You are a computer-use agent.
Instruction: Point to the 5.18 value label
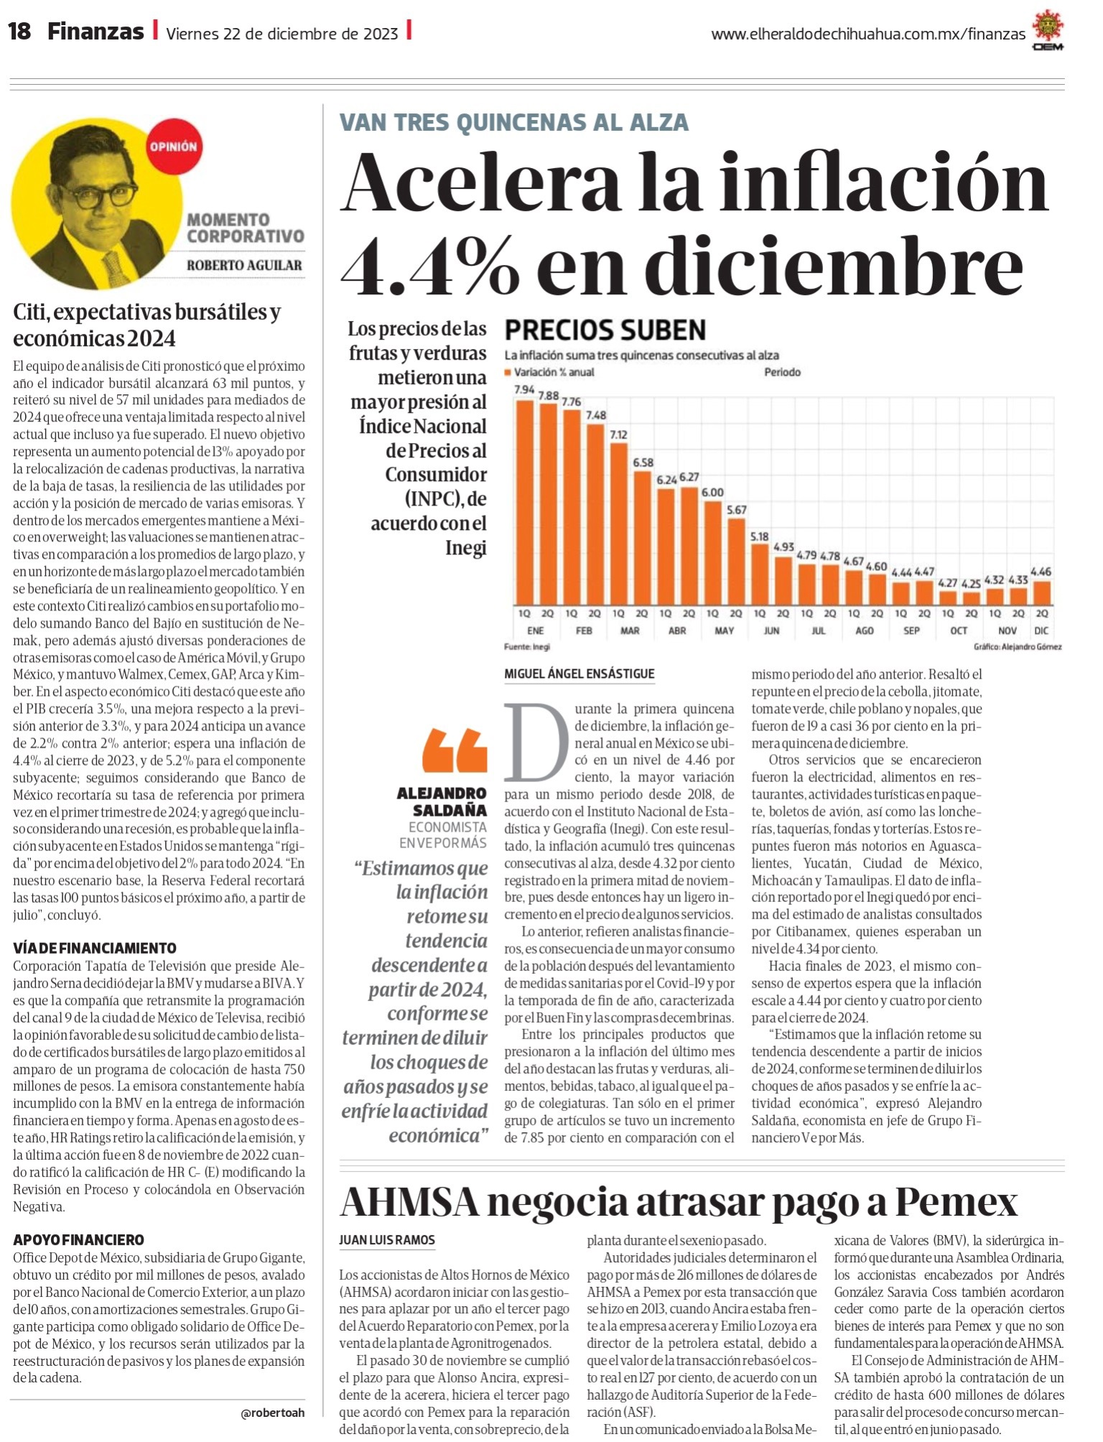[x=759, y=536]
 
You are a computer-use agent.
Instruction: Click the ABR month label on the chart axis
[x=677, y=631]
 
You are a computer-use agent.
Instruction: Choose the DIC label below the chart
[x=1041, y=631]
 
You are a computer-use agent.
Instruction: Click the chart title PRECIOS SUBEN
[x=605, y=330]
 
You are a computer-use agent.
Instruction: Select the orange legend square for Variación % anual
[x=508, y=372]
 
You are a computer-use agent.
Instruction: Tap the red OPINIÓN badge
[x=173, y=146]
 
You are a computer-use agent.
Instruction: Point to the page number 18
[x=19, y=32]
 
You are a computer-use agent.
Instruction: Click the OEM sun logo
[x=1048, y=32]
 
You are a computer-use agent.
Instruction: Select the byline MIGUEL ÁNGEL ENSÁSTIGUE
[x=580, y=674]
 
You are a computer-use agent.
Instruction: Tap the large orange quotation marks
[x=454, y=750]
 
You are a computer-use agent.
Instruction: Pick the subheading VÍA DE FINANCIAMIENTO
[x=95, y=948]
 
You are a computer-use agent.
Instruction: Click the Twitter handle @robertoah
[x=273, y=1413]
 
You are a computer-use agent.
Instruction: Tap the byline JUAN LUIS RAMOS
[x=387, y=1239]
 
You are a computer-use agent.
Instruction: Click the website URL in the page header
[x=868, y=34]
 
